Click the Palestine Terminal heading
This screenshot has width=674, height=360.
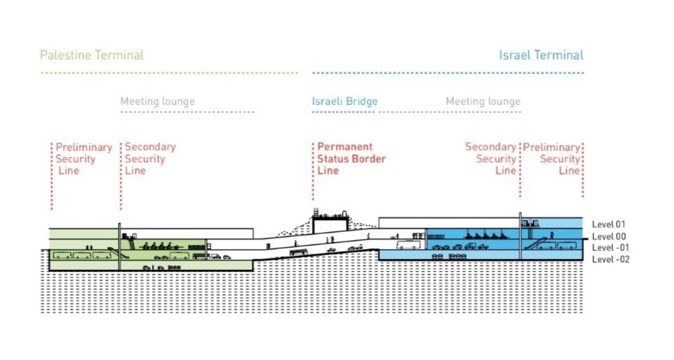click(92, 56)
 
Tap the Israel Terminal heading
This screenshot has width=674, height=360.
click(541, 56)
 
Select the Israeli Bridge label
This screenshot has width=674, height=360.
click(345, 102)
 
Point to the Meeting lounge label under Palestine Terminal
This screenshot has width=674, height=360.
click(158, 102)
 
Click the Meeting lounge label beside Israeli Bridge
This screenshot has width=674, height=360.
click(483, 102)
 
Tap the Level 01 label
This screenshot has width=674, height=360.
click(608, 224)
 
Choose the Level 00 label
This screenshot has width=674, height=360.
click(608, 236)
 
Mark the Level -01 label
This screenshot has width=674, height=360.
click(609, 247)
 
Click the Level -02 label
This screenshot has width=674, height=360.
click(609, 259)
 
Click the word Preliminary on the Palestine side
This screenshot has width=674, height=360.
click(84, 147)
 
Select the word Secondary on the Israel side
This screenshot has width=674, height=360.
click(490, 147)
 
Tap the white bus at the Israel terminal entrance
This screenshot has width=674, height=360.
click(408, 243)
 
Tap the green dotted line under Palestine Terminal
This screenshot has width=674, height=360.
click(169, 73)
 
